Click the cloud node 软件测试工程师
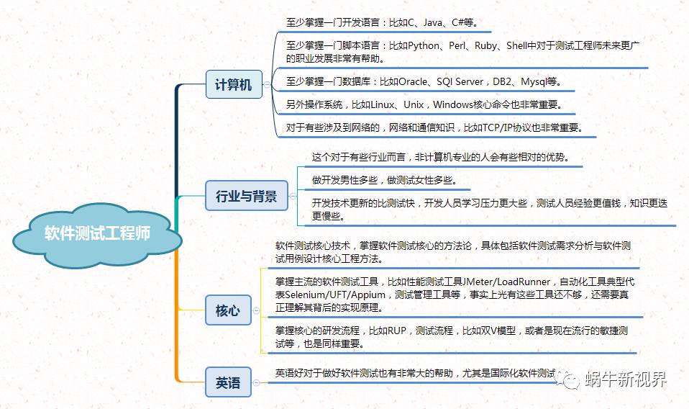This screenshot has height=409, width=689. pos(97,234)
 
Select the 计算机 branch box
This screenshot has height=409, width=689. pos(233,84)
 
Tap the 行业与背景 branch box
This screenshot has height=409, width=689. pos(246,195)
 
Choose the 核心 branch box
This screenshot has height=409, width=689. pos(227,311)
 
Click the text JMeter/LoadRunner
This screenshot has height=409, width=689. pos(508,282)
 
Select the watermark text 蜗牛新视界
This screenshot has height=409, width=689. pos(625,379)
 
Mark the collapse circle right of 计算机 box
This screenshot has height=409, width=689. pos(267,84)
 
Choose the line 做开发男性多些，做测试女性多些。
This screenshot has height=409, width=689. pos(383,179)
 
